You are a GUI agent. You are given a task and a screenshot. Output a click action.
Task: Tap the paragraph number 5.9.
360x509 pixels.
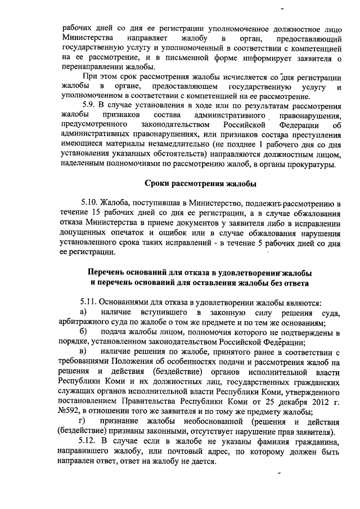coord(90,103)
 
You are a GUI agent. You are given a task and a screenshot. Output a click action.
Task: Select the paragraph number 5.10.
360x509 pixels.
coord(92,203)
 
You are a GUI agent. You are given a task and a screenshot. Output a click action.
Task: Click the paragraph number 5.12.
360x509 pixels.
coord(92,440)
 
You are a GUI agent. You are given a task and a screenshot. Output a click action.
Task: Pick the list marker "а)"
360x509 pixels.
coord(83,312)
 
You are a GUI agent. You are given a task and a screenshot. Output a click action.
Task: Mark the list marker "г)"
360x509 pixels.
coord(83,422)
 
